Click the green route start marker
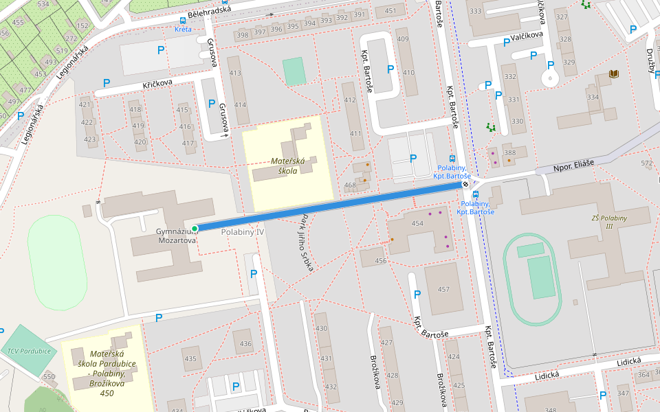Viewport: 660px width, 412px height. (195, 229)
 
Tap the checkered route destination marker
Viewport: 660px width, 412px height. (466, 184)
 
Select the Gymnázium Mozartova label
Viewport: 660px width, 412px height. (176, 236)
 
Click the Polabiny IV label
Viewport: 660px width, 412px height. (243, 233)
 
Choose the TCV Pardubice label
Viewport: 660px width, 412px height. (29, 351)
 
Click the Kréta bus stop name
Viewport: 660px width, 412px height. (183, 30)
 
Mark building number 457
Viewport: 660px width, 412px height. (443, 289)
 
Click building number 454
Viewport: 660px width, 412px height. (417, 224)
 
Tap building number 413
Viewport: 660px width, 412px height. (235, 73)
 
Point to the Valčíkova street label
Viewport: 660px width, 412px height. (527, 34)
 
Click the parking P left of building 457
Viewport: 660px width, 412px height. (417, 295)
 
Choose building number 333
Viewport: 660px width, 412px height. (475, 11)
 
